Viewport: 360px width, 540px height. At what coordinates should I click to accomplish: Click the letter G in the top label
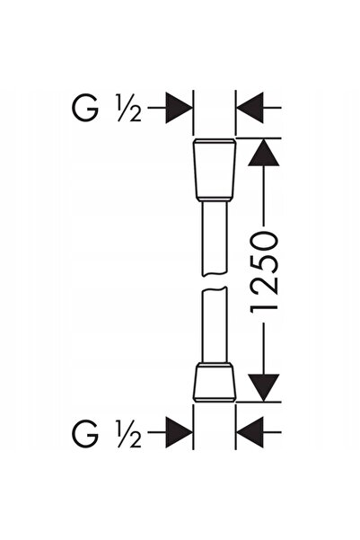[x=85, y=108]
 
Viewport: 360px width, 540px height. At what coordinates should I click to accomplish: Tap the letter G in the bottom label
[x=85, y=433]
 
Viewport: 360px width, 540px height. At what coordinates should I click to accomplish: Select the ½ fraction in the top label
[x=129, y=108]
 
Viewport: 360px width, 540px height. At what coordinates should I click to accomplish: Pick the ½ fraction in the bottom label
[x=129, y=433]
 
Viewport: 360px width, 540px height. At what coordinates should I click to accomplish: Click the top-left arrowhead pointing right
[x=179, y=108]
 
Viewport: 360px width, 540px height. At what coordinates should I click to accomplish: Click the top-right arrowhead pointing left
[x=250, y=108]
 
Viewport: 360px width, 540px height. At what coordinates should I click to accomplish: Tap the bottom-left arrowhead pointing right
[x=179, y=432]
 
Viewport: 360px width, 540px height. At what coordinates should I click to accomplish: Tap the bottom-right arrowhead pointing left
[x=250, y=432]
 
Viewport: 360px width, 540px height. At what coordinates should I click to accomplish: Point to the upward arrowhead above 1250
[x=264, y=152]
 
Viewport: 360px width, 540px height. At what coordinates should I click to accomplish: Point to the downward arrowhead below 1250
[x=264, y=388]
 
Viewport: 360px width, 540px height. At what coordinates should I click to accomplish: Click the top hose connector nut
[x=215, y=170]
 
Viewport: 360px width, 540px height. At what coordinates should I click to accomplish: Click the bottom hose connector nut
[x=215, y=382]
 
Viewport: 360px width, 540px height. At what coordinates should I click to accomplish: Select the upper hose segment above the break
[x=214, y=238]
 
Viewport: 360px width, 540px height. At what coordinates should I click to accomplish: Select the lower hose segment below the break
[x=214, y=324]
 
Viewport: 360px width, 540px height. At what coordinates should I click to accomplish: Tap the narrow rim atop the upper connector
[x=215, y=141]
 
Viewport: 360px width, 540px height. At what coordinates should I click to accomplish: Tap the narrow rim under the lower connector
[x=215, y=400]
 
